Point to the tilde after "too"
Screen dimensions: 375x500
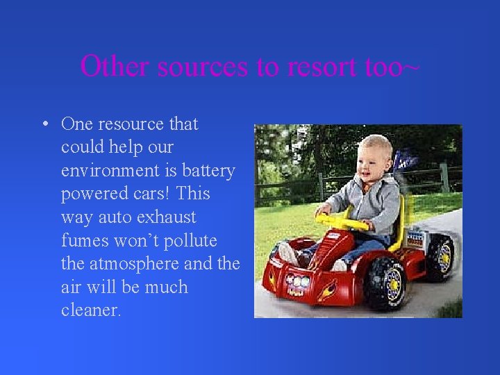pyautogui.click(x=412, y=67)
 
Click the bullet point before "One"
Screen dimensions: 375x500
pyautogui.click(x=44, y=124)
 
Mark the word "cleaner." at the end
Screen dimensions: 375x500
pyautogui.click(x=91, y=310)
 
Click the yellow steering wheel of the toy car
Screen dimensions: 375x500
pyautogui.click(x=342, y=222)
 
